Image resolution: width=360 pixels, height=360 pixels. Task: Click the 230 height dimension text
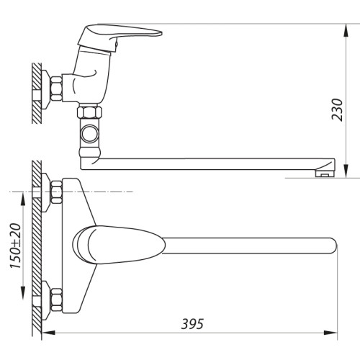(337, 109)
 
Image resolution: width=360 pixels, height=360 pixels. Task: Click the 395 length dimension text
(192, 324)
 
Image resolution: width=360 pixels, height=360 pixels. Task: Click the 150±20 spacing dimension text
(16, 246)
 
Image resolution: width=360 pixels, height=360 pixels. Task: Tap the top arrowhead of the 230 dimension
(346, 30)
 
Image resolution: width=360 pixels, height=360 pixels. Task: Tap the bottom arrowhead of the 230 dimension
(346, 171)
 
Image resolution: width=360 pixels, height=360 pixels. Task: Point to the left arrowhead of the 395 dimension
(49, 333)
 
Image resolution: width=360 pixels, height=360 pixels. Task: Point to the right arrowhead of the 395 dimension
(330, 333)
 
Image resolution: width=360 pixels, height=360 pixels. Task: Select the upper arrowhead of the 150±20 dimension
(22, 199)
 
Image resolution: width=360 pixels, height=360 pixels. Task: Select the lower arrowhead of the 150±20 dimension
(22, 292)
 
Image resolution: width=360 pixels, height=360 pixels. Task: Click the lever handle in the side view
(120, 36)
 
